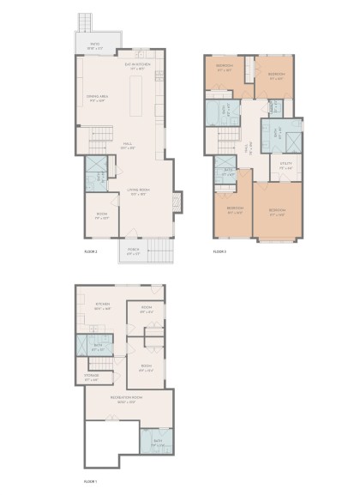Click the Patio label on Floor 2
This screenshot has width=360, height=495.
point(93,46)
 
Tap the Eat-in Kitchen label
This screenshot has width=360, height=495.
point(137,66)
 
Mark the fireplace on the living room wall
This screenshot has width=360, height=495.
point(177,202)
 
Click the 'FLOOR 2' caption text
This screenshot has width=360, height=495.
point(91,252)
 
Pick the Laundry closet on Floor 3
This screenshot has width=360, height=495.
point(275,107)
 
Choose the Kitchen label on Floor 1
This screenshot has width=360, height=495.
point(103,305)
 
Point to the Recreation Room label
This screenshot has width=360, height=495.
point(125,399)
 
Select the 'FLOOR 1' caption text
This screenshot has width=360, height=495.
point(90,481)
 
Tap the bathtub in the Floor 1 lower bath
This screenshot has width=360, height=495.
point(158,443)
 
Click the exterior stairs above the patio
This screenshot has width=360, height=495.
point(84,22)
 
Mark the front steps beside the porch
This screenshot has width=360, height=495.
point(157,250)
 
